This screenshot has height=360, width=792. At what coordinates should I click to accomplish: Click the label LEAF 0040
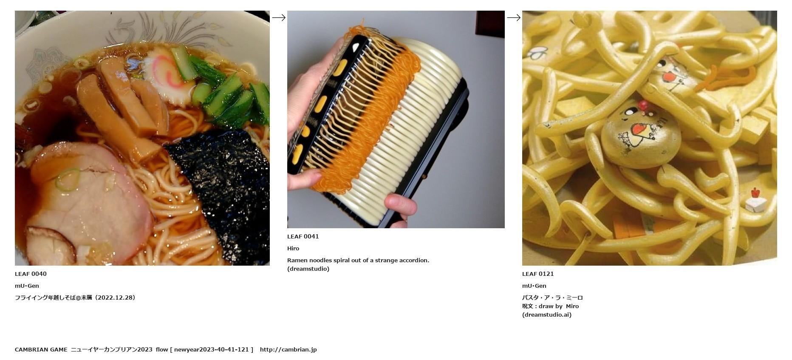point(31,274)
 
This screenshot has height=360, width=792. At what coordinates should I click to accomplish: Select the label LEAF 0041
point(303,236)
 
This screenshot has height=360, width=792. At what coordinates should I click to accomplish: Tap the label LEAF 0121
point(538,274)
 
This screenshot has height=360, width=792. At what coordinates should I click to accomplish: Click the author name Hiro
point(293,248)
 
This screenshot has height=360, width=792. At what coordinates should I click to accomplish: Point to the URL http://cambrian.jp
point(289,349)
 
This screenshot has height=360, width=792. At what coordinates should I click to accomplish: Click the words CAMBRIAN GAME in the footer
point(41,349)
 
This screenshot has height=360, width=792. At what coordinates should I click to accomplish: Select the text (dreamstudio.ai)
point(547,315)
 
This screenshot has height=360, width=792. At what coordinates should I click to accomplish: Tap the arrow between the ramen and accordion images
point(279,17)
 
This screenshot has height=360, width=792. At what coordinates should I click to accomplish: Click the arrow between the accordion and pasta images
point(514,17)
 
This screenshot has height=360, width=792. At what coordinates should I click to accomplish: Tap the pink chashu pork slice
point(89,200)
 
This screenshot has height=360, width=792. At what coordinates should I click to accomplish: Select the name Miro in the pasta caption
point(572,306)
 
